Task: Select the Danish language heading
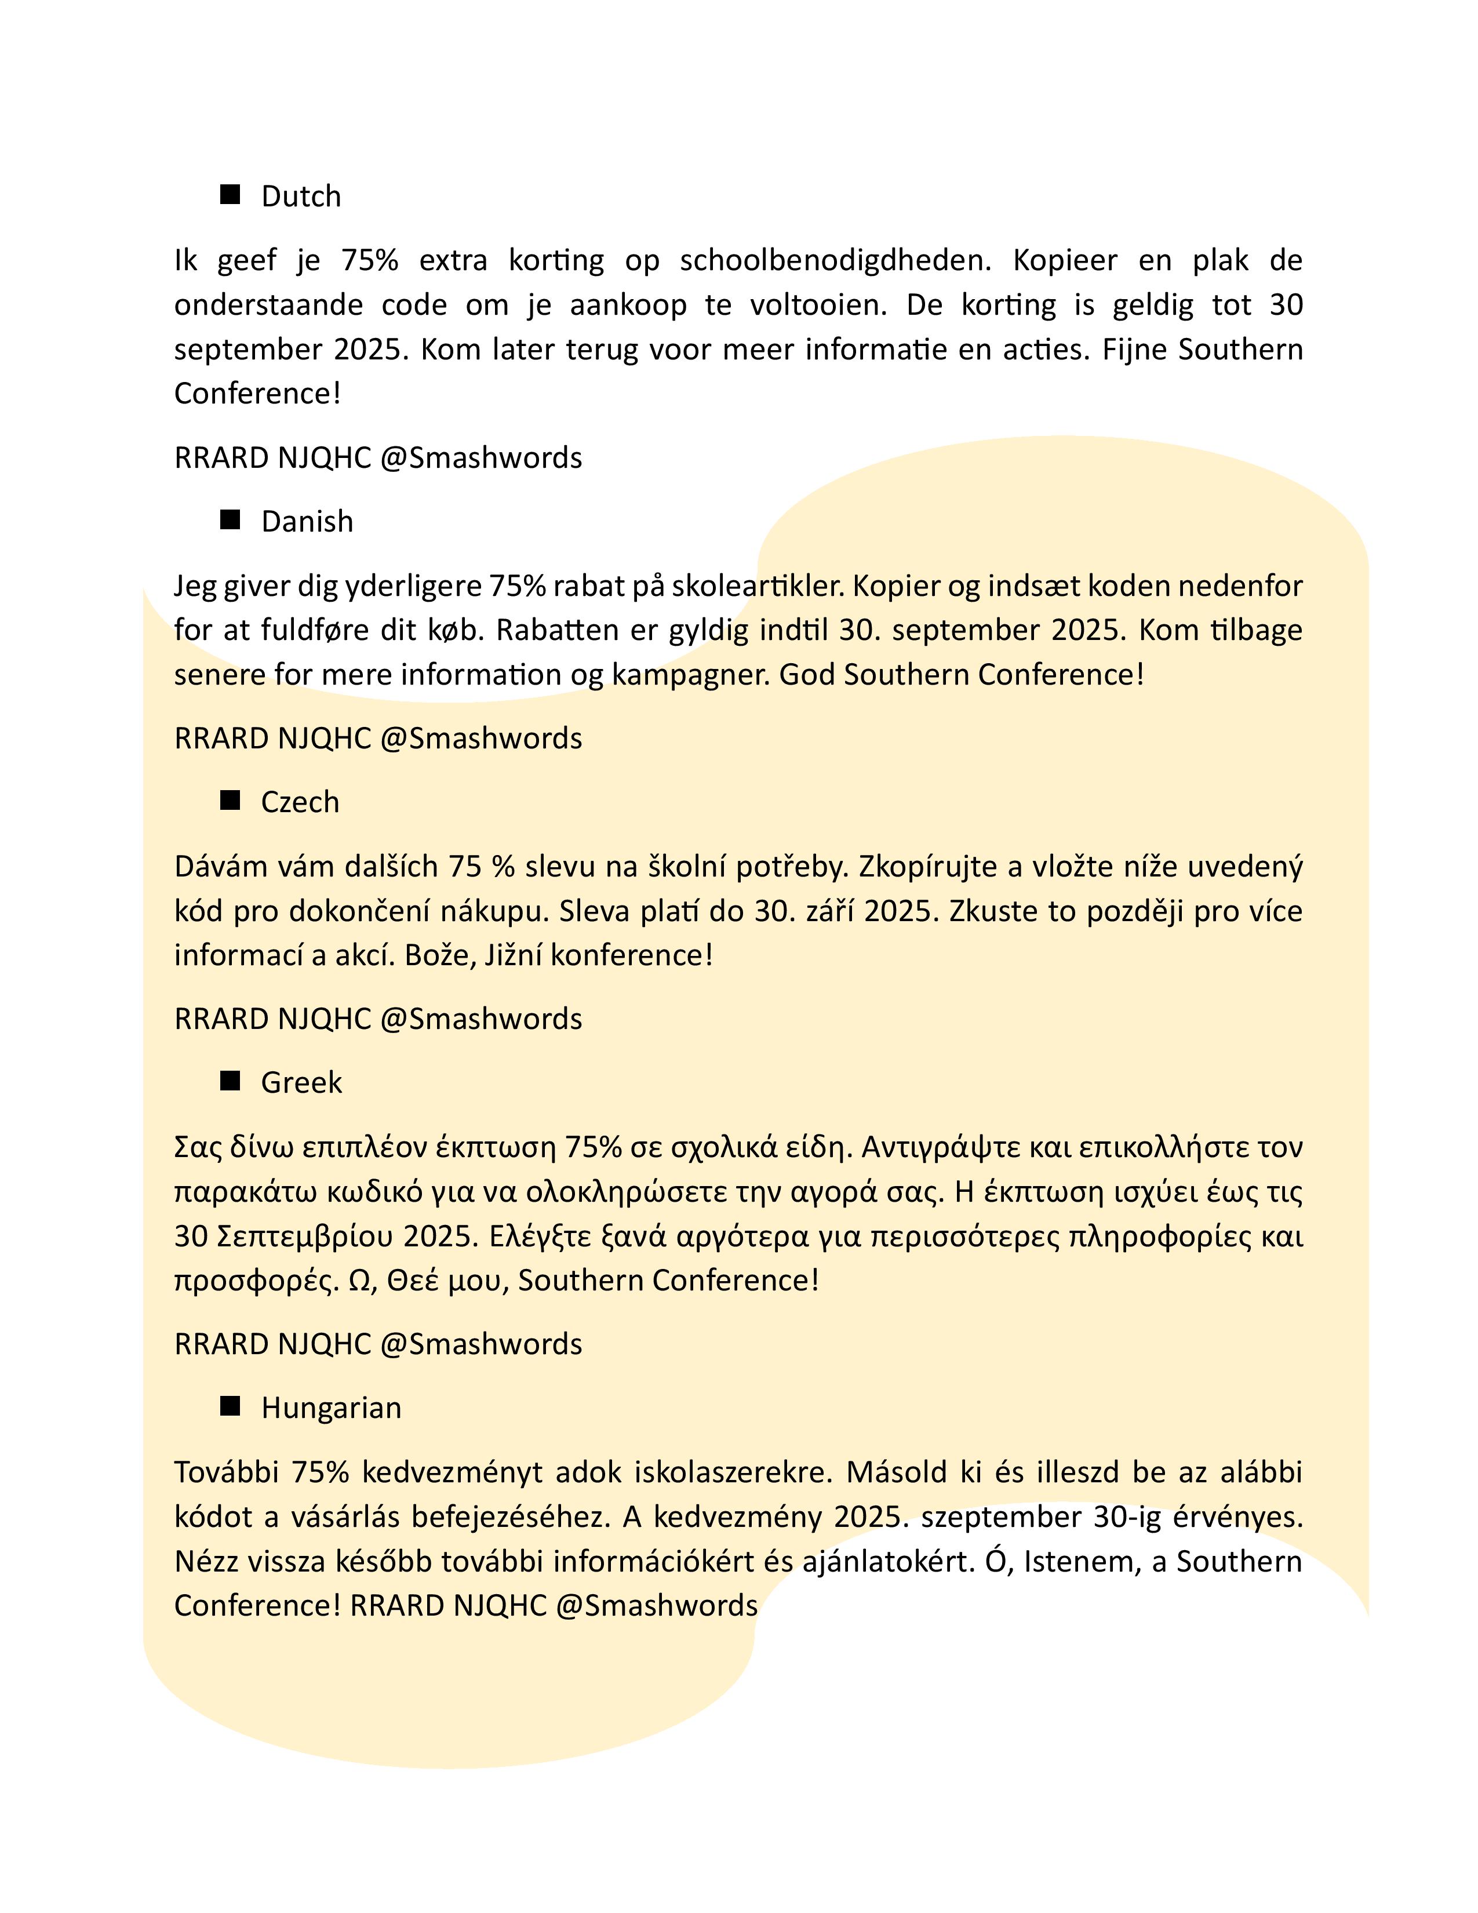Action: [307, 521]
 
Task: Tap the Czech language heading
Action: [300, 802]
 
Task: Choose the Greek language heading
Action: [301, 1083]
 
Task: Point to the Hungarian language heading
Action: [331, 1408]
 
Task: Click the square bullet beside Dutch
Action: [230, 194]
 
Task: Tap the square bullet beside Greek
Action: [230, 1081]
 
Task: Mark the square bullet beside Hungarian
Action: [230, 1406]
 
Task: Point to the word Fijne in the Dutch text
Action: [1135, 350]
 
